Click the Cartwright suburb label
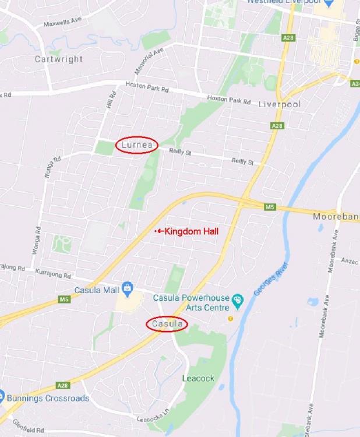(x=58, y=59)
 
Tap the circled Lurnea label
(x=137, y=145)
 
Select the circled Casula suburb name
(x=167, y=324)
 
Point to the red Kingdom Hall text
(x=192, y=231)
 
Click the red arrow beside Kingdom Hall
(x=160, y=231)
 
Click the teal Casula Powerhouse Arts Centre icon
(x=237, y=300)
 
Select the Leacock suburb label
(x=198, y=378)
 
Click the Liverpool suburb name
(x=278, y=104)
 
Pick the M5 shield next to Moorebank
(x=269, y=207)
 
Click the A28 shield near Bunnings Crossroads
(x=62, y=385)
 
